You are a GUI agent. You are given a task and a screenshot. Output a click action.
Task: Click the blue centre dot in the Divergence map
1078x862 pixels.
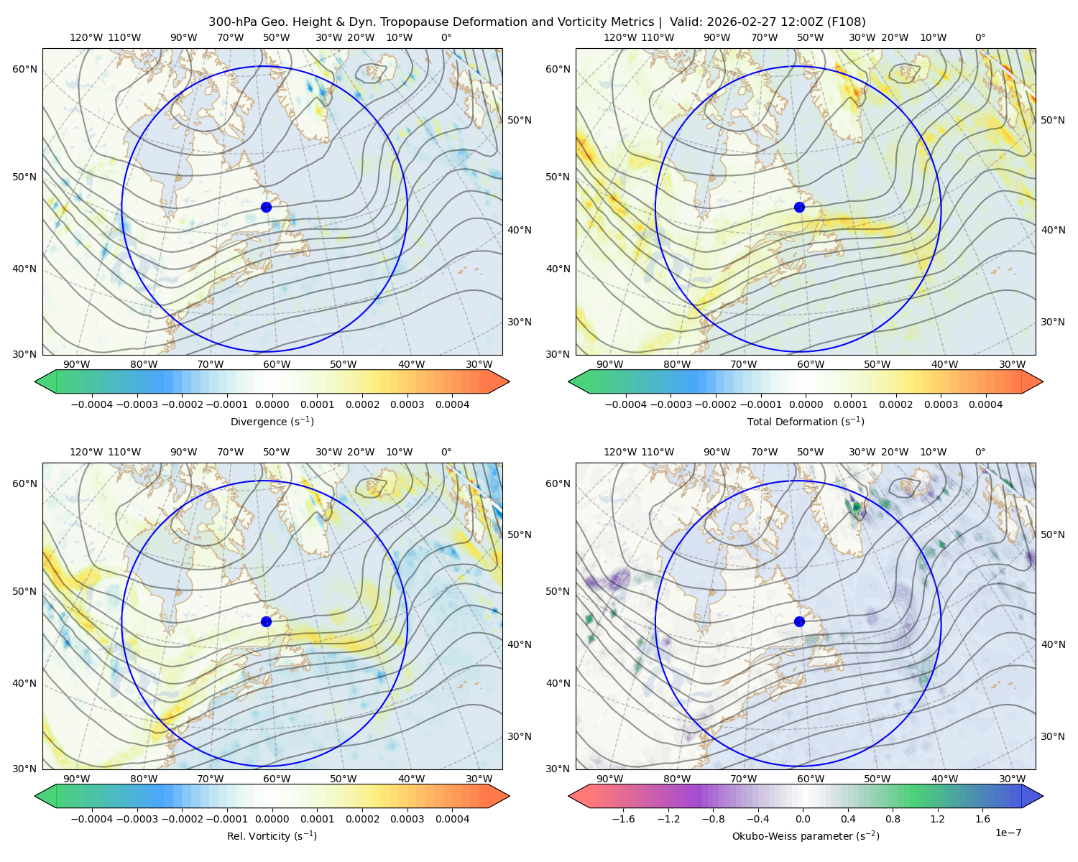[266, 208]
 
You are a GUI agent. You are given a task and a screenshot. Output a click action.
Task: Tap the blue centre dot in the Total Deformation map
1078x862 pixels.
[799, 208]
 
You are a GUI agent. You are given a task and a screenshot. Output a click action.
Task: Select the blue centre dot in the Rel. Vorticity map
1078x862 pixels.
[266, 621]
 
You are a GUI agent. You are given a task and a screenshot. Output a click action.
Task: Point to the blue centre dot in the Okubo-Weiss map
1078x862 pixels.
[799, 621]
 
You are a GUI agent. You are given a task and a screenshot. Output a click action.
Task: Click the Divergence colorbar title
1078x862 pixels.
[272, 422]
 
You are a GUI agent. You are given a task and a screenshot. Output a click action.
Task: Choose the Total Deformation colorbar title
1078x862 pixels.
[806, 422]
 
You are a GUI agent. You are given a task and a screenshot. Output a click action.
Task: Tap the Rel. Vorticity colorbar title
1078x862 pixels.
[272, 836]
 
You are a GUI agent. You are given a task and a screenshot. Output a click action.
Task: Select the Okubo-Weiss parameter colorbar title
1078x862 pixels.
[806, 836]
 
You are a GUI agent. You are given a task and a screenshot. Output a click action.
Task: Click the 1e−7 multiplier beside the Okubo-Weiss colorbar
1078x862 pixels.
[1008, 833]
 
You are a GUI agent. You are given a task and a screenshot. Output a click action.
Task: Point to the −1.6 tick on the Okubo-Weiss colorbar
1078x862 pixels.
[623, 819]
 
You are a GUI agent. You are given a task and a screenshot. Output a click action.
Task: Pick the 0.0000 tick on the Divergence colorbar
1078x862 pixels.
[272, 404]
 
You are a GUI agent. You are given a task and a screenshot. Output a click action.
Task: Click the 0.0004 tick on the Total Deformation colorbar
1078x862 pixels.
[985, 404]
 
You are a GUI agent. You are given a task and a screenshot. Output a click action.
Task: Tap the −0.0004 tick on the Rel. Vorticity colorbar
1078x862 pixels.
[92, 819]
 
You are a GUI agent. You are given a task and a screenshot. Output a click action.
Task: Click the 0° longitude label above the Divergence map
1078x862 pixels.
[446, 37]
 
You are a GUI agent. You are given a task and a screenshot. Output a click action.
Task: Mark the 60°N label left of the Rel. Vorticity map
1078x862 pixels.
[24, 484]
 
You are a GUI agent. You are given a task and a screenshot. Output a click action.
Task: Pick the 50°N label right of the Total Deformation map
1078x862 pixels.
[1053, 120]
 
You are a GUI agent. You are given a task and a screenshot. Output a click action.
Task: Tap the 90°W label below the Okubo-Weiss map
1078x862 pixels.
[609, 779]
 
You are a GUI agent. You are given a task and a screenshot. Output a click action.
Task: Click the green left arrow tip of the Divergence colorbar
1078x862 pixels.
[35, 381]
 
